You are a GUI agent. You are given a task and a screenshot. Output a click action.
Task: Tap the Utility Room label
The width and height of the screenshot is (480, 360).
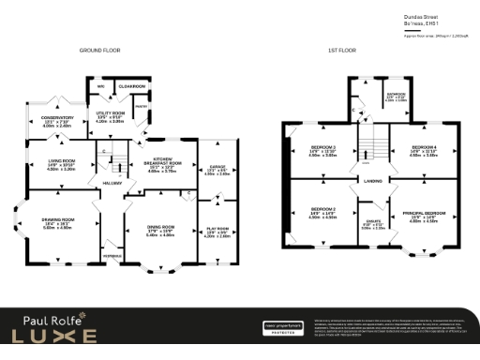click(x=111, y=113)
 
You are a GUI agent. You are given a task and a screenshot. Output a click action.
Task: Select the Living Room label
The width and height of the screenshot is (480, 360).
click(x=61, y=161)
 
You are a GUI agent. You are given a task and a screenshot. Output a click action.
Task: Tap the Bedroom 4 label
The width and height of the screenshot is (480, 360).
click(x=423, y=147)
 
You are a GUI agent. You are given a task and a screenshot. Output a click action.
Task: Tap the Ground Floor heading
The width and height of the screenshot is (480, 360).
click(x=99, y=50)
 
